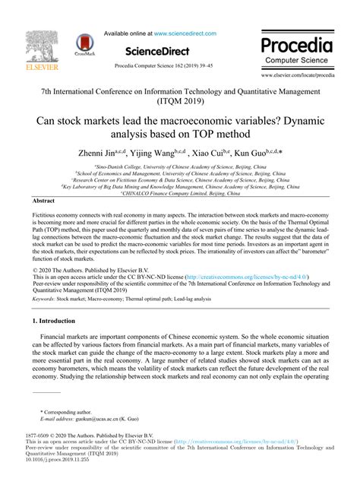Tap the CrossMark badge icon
[85, 45]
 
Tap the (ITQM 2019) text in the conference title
[181, 99]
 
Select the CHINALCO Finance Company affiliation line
[179, 193]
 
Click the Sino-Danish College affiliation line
[179, 165]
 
